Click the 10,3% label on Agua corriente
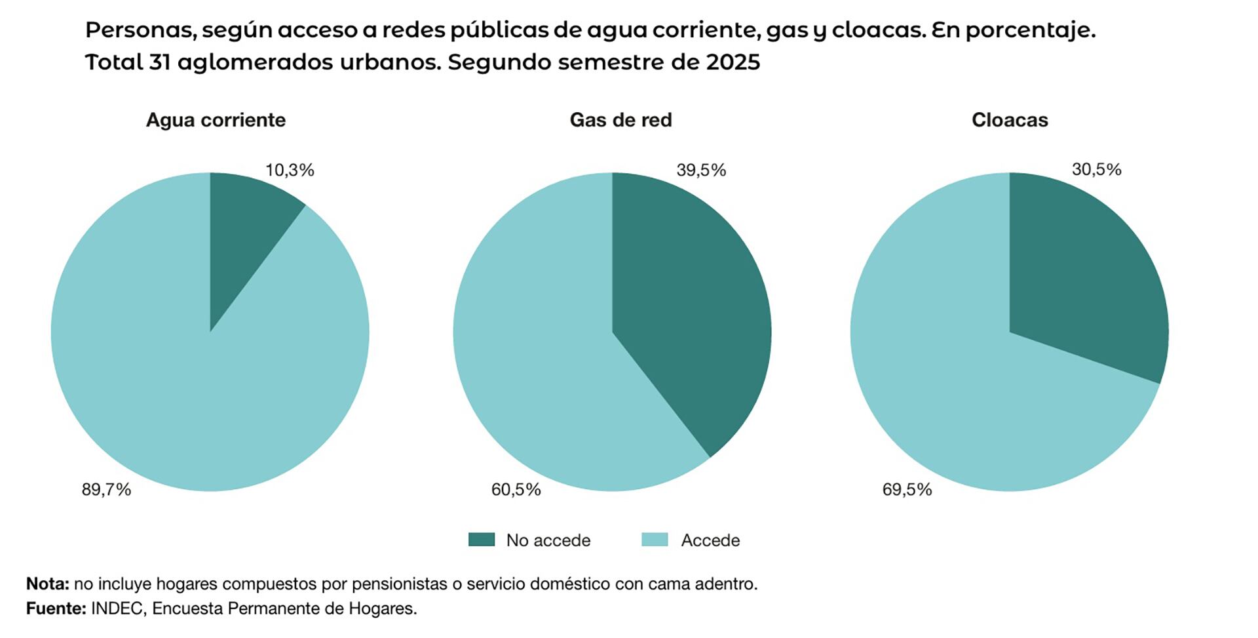[290, 170]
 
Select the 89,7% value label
[106, 490]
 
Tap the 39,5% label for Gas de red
[701, 170]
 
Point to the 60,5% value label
[516, 490]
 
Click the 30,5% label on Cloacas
[1096, 170]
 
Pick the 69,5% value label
[907, 490]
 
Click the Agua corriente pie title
[216, 120]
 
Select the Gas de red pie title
[620, 120]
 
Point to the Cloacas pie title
[1010, 120]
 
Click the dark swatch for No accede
[482, 540]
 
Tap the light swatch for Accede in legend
[655, 540]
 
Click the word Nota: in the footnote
[47, 584]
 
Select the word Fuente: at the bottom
[56, 608]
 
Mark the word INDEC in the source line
[117, 608]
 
